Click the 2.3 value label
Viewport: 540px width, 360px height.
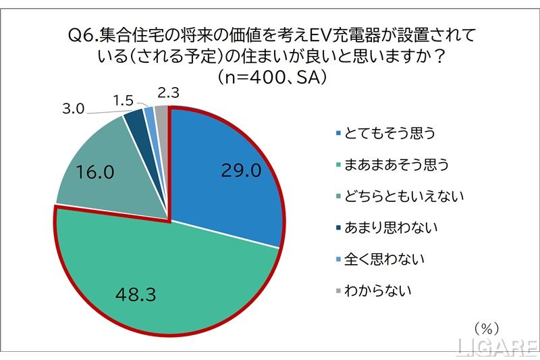[167, 93]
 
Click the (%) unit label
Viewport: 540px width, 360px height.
[486, 328]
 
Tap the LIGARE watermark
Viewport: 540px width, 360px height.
[496, 348]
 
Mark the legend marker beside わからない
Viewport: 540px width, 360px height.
[337, 292]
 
